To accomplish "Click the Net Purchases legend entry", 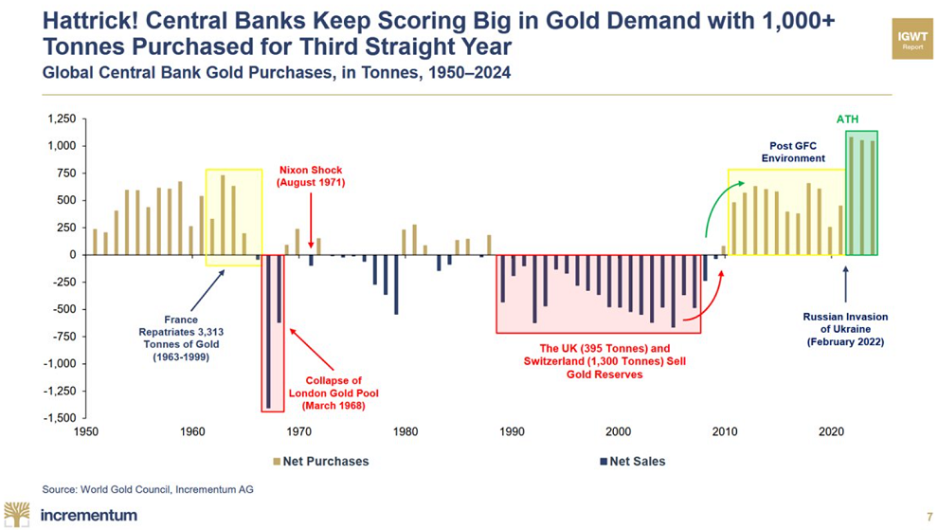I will click(318, 462).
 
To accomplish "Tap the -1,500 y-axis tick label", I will click(59, 418).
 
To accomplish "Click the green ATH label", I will click(846, 119).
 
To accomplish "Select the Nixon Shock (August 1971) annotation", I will click(311, 175).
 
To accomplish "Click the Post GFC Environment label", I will click(793, 153).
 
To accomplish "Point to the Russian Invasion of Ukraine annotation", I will click(845, 329).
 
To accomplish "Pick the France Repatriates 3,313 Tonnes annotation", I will click(180, 338).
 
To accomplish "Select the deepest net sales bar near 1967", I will click(269, 331).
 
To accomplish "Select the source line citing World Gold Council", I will click(148, 489).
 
